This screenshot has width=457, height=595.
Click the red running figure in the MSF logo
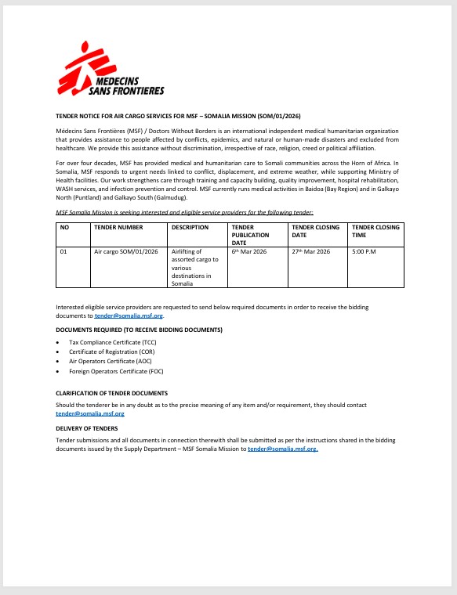pos(78,63)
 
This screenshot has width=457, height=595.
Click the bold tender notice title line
pos(178,114)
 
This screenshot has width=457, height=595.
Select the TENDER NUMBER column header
pos(118,228)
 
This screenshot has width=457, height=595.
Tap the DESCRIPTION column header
pos(190,228)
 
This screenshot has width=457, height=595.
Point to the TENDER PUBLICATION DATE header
pos(251,235)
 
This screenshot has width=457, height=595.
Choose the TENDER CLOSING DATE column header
pos(315,231)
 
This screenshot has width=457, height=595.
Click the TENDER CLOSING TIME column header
pos(375,231)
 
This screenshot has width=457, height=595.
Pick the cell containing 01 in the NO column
pos(64,252)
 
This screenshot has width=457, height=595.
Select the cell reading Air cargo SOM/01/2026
pos(126,252)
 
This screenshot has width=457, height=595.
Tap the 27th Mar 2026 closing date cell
pos(311,252)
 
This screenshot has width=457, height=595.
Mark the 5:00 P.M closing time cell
pos(365,252)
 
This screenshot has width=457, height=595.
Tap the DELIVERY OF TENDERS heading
pos(87,428)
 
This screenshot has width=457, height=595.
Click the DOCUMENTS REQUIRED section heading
pos(139,330)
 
